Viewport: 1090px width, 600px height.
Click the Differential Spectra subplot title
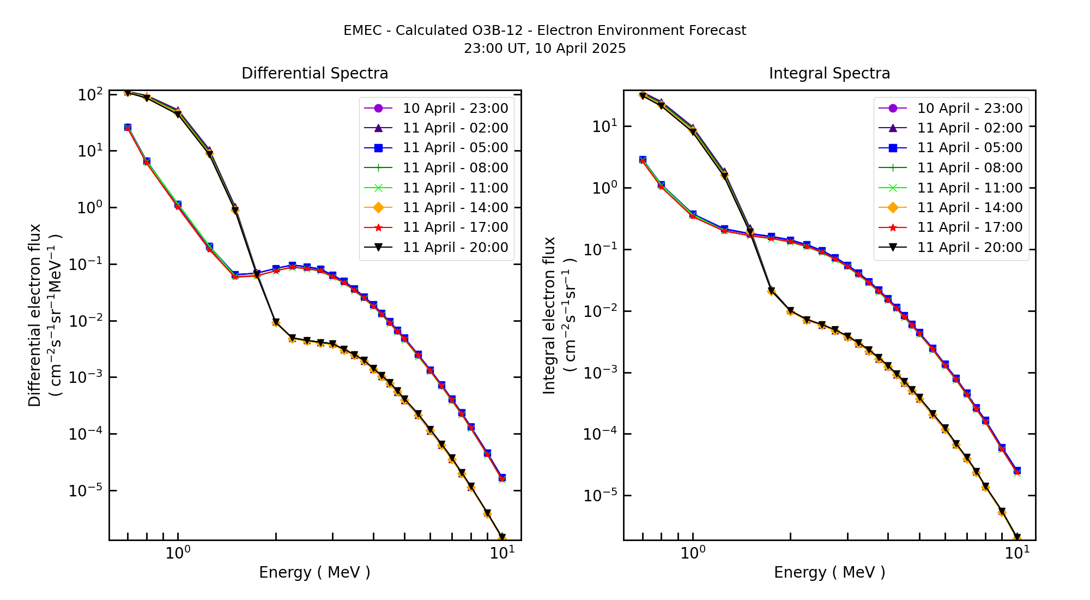tap(315, 73)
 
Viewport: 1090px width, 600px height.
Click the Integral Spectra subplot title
tap(829, 73)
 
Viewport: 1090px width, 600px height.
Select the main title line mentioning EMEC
tap(544, 31)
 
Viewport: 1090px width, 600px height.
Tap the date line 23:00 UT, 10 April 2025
tap(544, 49)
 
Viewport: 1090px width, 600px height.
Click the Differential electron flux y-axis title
tap(34, 315)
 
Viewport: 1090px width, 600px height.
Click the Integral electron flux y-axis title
tap(549, 315)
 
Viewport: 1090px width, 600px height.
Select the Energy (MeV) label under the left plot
tap(314, 572)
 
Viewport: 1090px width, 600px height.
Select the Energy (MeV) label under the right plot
tap(829, 572)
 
